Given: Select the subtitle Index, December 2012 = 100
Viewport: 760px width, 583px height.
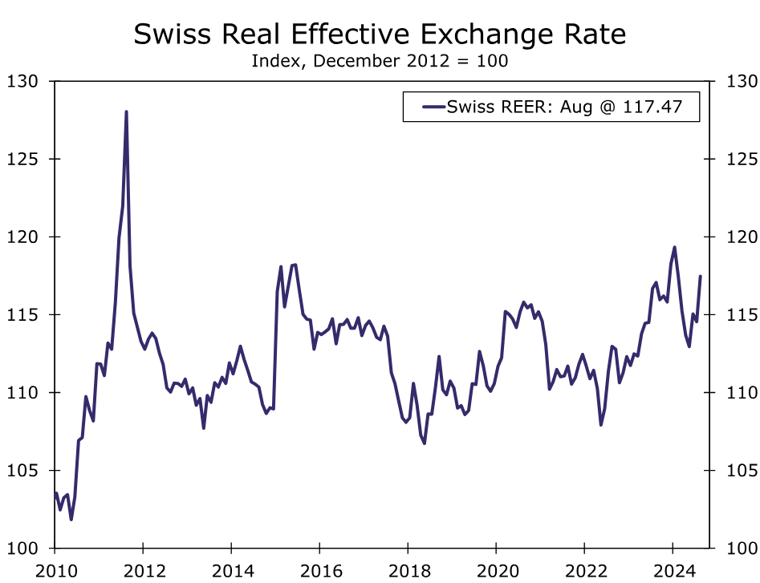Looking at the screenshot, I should tap(380, 61).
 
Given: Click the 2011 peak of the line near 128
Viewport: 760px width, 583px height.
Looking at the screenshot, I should tap(126, 111).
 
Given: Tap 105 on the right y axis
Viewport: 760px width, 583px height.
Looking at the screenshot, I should tap(741, 471).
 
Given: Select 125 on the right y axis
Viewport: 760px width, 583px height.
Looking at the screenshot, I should tap(741, 159).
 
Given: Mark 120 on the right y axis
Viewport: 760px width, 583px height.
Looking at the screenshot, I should tap(741, 237).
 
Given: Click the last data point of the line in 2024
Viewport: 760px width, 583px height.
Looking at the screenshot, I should tap(701, 277).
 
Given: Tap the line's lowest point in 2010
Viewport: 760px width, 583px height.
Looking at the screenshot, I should tap(71, 520).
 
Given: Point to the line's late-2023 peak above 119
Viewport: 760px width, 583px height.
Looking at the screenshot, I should tap(674, 247).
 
